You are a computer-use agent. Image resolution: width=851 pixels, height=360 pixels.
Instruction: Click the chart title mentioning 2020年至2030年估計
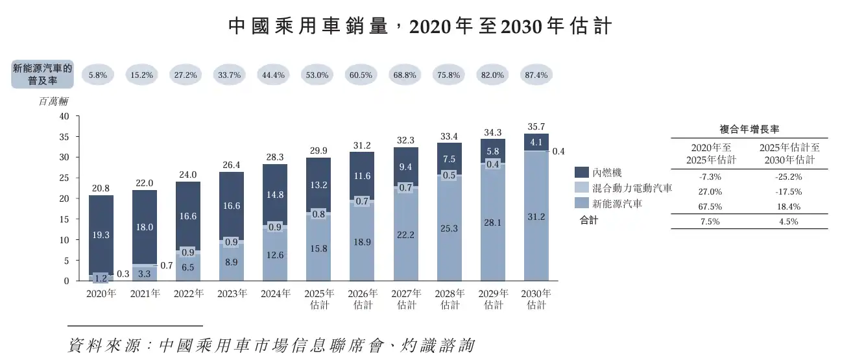420,27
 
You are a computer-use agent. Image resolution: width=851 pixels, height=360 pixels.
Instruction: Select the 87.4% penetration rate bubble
535,75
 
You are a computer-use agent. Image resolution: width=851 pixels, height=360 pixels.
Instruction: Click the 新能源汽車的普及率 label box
43,75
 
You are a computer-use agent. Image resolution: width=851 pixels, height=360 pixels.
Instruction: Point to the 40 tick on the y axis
64,117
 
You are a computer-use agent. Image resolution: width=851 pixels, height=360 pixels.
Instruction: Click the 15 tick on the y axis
64,219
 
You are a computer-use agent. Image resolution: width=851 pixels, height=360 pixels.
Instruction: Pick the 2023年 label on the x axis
232,293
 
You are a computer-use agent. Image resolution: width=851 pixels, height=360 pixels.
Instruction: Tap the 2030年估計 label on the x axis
536,299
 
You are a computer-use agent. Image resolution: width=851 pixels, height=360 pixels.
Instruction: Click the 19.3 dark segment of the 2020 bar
101,234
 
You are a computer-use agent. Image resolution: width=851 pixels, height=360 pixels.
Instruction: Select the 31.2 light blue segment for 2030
536,217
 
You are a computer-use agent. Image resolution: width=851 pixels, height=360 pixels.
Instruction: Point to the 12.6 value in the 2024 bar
275,255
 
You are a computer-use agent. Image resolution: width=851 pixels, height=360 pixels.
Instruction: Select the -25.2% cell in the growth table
789,176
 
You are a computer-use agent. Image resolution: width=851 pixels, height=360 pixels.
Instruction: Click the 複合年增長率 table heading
749,128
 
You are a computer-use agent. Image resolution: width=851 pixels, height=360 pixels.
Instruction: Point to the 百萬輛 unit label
53,101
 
